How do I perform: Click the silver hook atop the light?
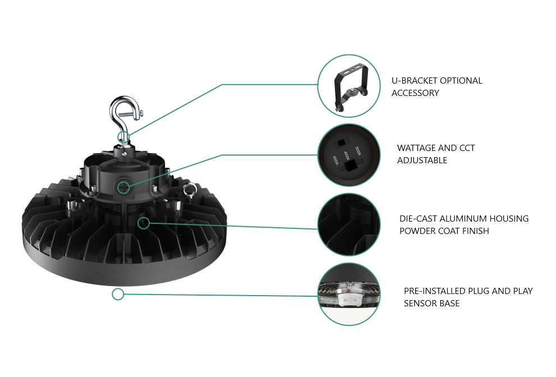click(121, 109)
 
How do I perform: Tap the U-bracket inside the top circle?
click(348, 86)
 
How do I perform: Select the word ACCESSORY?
click(415, 93)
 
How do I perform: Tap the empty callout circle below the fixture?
click(118, 294)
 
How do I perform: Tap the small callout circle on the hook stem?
click(123, 136)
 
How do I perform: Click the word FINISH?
click(474, 231)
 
